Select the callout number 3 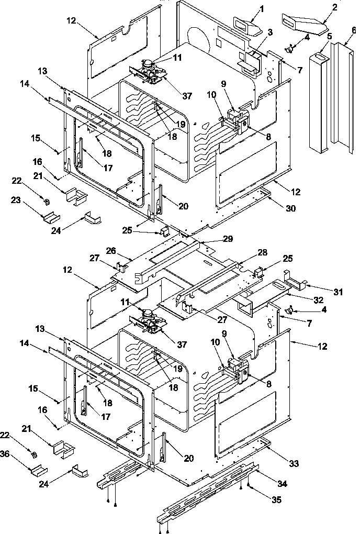click(269, 32)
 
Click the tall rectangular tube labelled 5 click(319, 99)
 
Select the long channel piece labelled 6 click(340, 94)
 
